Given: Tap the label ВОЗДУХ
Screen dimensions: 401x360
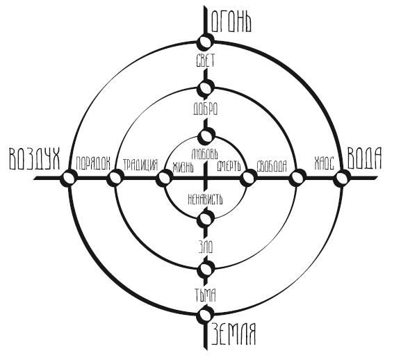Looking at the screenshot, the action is click(x=35, y=158).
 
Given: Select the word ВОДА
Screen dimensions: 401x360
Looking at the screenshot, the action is click(x=365, y=158).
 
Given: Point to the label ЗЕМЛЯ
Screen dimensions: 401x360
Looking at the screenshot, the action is click(x=234, y=334).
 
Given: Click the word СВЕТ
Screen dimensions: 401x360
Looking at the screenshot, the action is click(x=205, y=60).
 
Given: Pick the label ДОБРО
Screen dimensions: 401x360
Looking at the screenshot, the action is click(x=205, y=108).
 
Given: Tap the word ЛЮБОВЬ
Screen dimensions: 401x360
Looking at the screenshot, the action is click(x=205, y=154).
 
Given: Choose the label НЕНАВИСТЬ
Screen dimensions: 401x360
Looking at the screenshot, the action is click(x=205, y=199).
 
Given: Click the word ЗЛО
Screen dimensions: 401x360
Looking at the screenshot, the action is click(x=206, y=247).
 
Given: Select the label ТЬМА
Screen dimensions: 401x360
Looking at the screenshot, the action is click(x=205, y=295).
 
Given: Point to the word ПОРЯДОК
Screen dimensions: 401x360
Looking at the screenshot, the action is click(x=93, y=163).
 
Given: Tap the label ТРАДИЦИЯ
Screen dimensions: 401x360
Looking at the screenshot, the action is click(x=140, y=165).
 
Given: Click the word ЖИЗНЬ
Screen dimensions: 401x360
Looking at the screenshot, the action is click(x=183, y=167).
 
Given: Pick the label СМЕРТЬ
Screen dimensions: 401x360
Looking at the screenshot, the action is click(x=229, y=166).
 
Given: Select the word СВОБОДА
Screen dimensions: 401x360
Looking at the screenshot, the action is click(x=272, y=166).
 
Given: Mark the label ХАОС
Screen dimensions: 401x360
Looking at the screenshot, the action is click(x=325, y=163).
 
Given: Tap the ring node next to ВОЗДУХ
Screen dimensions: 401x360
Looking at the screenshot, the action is click(x=69, y=178).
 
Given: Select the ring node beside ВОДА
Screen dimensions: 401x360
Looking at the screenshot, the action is click(x=342, y=178).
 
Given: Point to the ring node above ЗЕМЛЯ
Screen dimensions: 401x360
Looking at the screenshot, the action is click(x=205, y=315).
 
